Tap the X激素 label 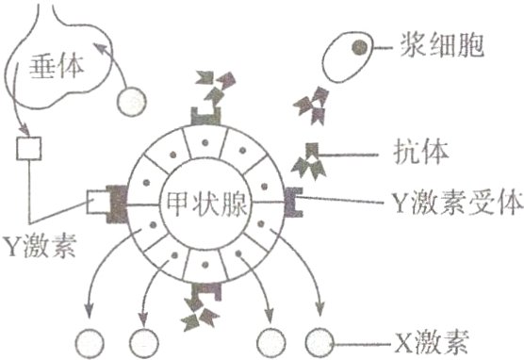tap(443, 337)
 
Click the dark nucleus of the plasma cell tap(358, 45)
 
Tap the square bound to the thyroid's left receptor tap(98, 201)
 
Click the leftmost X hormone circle tap(91, 339)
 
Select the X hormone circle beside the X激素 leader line tap(319, 339)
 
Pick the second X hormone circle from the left tap(141, 339)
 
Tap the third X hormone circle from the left tap(270, 339)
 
